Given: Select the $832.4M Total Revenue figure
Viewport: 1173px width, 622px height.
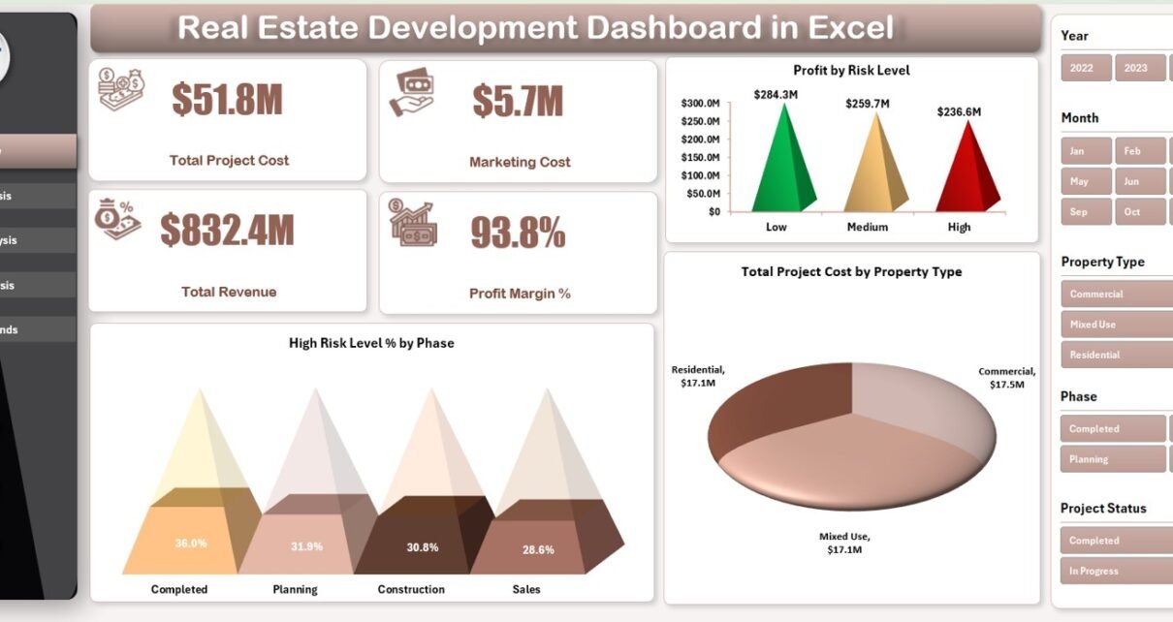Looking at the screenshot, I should (227, 230).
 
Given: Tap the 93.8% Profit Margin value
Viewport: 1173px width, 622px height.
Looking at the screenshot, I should (517, 233).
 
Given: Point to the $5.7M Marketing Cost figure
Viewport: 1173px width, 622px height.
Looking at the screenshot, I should (518, 101).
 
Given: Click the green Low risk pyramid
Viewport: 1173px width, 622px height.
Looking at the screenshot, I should (781, 165).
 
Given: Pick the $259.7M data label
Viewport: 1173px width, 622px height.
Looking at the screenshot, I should (867, 103).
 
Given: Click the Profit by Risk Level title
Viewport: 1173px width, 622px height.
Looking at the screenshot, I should (850, 70).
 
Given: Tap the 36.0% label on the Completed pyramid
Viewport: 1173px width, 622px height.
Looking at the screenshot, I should (191, 543).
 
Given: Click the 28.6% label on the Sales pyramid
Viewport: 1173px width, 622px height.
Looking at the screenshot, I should (538, 549).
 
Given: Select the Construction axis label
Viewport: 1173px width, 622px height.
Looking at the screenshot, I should (411, 589).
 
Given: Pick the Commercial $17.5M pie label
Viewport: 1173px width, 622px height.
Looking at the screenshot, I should (1006, 377).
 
